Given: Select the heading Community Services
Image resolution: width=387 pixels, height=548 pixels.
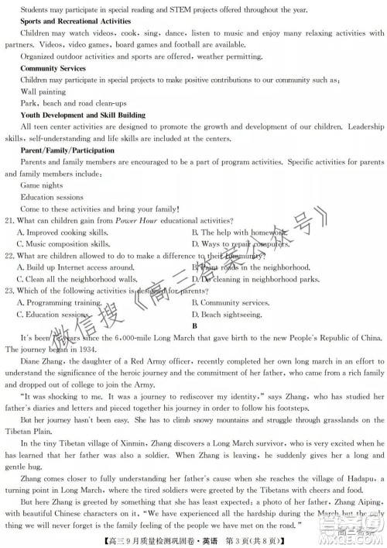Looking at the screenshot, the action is click(x=53, y=69).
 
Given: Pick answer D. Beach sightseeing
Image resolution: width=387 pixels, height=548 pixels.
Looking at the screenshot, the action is click(x=228, y=315).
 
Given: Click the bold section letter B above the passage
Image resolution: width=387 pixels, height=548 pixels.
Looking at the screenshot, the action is click(x=196, y=326).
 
